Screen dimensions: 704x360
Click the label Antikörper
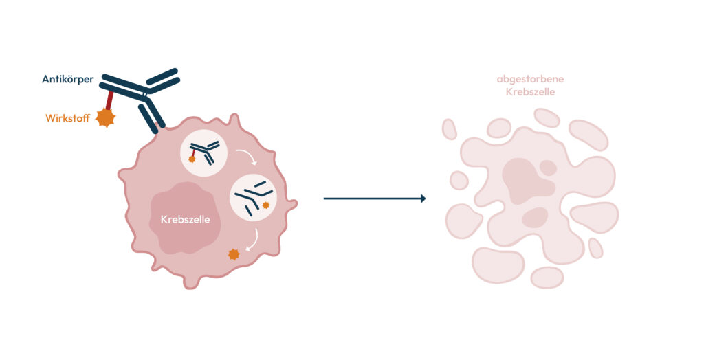pos(68,80)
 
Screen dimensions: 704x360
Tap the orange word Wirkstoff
pos(68,118)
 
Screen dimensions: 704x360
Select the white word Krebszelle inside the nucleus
pos(186,219)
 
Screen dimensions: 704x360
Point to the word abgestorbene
pos(530,80)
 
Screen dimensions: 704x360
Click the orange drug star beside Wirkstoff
pos(105,117)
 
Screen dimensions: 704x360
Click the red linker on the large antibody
pos(109,100)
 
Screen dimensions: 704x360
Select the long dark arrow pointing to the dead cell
pos(375,199)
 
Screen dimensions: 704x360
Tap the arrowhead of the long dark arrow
pos(423,199)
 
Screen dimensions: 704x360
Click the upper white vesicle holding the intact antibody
pos(203,153)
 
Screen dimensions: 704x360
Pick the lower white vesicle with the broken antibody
pos(253,197)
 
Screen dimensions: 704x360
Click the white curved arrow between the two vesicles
pos(247,156)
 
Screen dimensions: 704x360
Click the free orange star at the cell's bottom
pos(234,254)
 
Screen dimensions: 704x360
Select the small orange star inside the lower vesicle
pos(266,205)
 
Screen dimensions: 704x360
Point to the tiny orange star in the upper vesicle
pos(192,159)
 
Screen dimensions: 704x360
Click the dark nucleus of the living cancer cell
pos(185,218)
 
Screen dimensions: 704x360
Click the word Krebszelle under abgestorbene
pos(530,92)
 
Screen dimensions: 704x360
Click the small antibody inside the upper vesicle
pos(205,152)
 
